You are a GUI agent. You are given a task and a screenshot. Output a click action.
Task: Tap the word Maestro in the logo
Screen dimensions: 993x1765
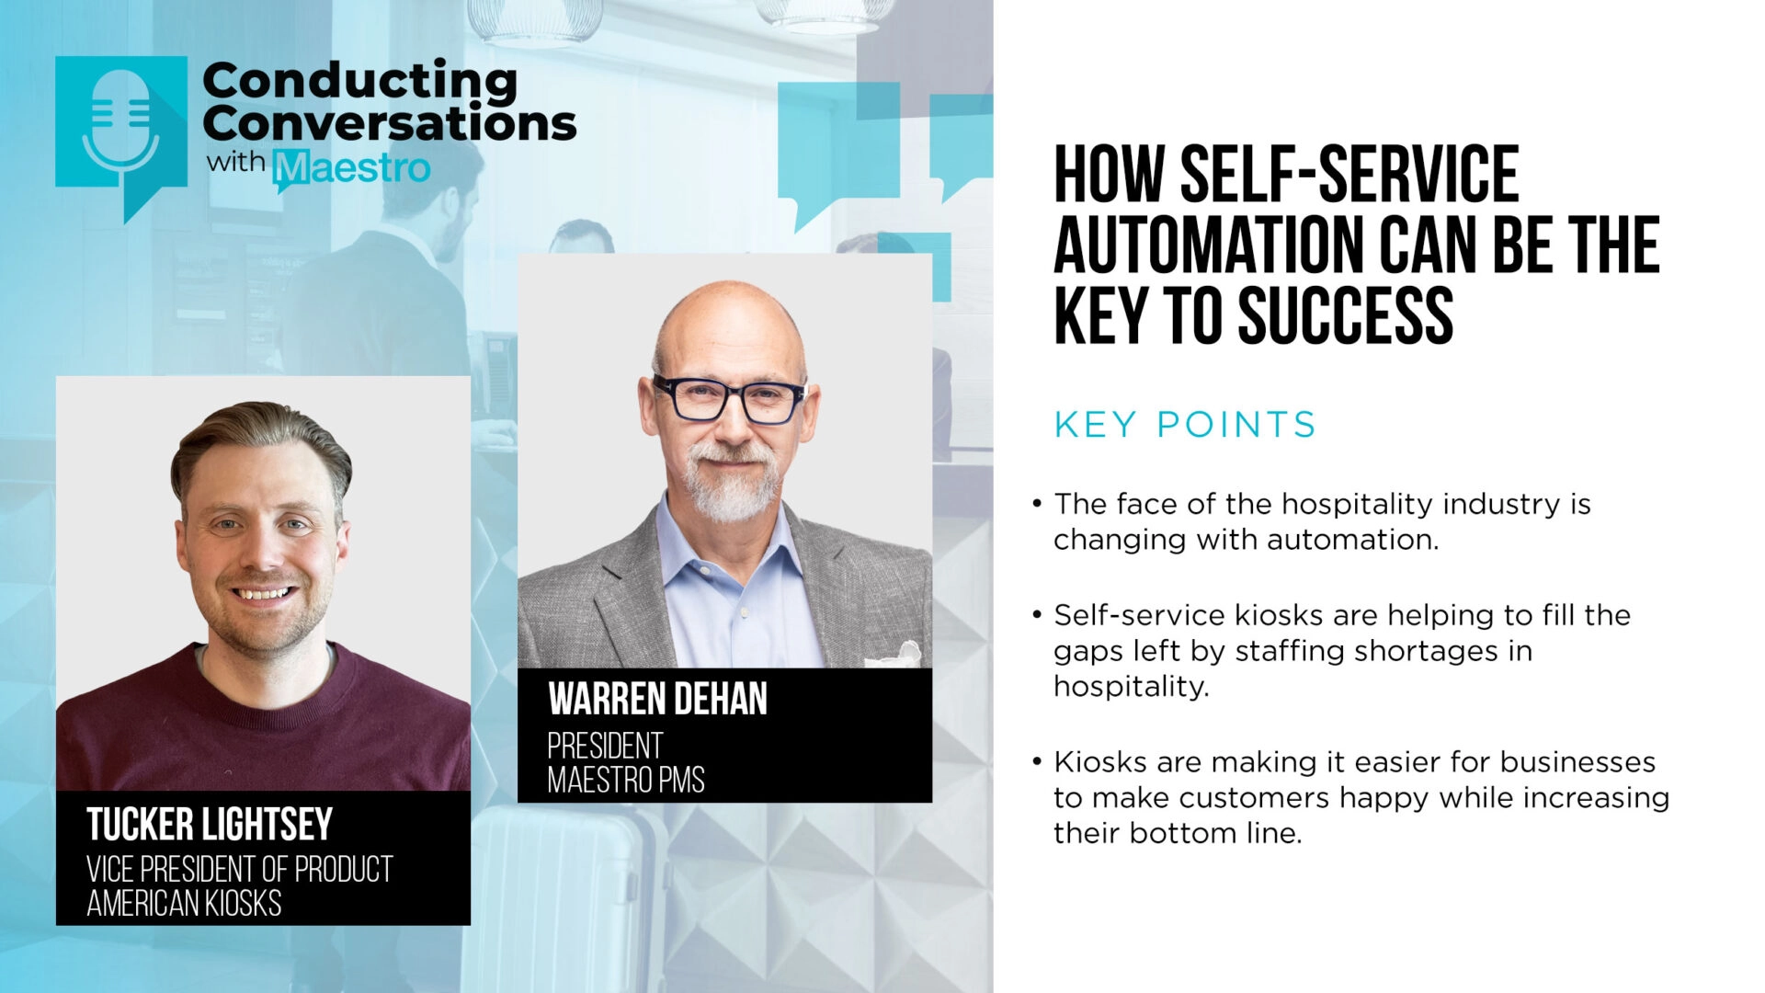coord(352,168)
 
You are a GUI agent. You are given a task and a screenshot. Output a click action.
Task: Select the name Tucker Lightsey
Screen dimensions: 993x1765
coord(210,824)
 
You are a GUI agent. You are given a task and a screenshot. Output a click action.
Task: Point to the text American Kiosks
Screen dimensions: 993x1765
coord(184,904)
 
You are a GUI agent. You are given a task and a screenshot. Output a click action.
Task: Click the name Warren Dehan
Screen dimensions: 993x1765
coord(657,699)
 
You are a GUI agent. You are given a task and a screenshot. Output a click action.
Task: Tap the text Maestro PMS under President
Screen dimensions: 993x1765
coord(626,780)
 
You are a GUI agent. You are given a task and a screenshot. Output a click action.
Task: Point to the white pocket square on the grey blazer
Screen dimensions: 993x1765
coord(897,656)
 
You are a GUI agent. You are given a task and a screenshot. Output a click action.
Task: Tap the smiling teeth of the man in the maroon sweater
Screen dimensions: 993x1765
coord(264,593)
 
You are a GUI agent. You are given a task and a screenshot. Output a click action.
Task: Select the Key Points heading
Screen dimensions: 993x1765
coord(1185,425)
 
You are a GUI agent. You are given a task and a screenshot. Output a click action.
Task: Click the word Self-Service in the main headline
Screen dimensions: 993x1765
coord(1349,175)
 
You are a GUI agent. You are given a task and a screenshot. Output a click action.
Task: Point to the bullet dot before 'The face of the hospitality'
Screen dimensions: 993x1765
coord(1037,504)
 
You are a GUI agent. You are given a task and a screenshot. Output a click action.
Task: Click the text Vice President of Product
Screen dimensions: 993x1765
coord(240,869)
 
